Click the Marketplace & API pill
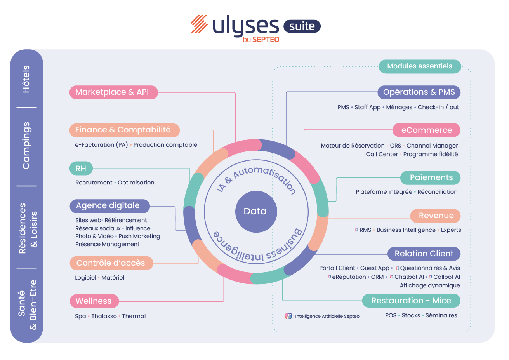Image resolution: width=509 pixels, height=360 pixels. tap(113, 92)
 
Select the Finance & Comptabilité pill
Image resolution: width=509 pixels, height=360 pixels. tap(124, 130)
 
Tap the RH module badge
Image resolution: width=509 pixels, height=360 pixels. tap(81, 169)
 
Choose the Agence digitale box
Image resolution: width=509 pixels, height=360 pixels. tap(109, 206)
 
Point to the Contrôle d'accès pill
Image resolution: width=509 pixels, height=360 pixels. tap(111, 263)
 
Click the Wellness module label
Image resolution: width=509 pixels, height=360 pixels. tap(94, 301)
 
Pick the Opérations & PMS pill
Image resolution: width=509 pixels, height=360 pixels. tap(419, 92)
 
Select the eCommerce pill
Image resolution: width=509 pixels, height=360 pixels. tap(426, 130)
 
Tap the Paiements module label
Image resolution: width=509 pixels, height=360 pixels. tap(430, 178)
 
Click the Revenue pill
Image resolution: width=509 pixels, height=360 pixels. tap(435, 216)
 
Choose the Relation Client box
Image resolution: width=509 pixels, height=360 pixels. tap(424, 254)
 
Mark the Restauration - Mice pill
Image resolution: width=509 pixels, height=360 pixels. tap(411, 301)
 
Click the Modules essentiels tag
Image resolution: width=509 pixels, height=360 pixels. tap(419, 66)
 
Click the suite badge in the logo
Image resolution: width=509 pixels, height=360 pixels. tap(302, 26)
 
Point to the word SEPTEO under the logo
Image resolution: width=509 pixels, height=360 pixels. tap(266, 40)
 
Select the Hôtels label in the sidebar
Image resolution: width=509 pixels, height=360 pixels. tap(26, 79)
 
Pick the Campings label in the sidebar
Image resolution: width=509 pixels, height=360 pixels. tap(26, 146)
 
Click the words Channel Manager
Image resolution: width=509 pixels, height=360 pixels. tap(432, 146)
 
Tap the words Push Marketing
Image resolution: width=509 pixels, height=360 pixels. tap(139, 236)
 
